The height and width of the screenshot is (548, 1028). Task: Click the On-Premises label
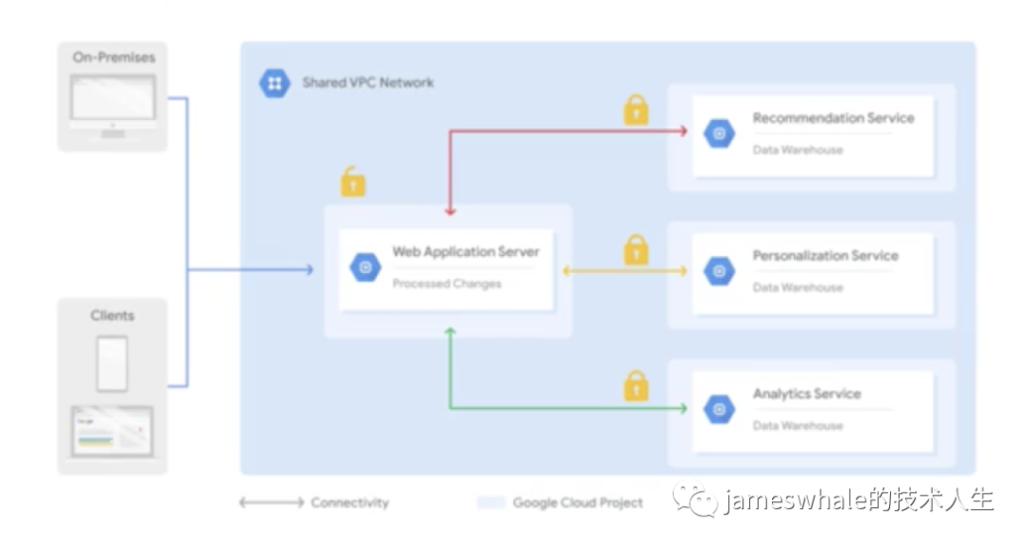point(114,58)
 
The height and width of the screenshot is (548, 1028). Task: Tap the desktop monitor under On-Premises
point(112,105)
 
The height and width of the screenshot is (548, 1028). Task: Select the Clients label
point(112,316)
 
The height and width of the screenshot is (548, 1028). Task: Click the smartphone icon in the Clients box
point(112,363)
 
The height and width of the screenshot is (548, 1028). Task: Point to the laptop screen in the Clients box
point(112,431)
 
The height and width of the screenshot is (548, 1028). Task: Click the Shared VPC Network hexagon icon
point(275,84)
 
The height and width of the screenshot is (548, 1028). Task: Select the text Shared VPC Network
point(367,83)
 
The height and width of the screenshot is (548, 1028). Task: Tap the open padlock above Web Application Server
point(353,182)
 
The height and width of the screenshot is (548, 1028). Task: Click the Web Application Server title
point(465,252)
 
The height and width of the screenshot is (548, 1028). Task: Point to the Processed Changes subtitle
point(446,284)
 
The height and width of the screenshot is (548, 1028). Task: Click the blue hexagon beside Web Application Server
point(366,267)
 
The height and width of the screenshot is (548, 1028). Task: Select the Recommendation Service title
point(833,118)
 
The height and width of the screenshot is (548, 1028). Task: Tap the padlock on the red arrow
point(635,109)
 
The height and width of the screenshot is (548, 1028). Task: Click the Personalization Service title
point(825,256)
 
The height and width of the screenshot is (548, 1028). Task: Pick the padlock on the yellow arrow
point(635,250)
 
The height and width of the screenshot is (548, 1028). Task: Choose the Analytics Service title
point(806,394)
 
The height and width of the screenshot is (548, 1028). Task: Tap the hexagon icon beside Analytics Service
point(720,409)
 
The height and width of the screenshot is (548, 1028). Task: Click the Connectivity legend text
point(349,502)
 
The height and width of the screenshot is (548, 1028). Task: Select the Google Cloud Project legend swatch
point(491,502)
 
